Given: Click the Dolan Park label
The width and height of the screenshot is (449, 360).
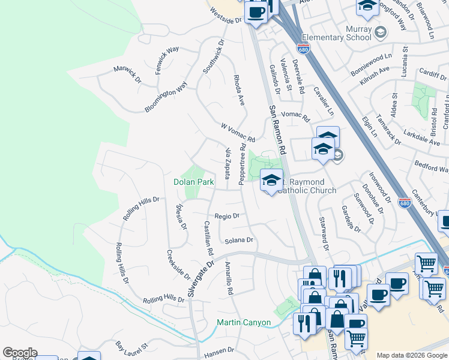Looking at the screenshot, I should (194, 182).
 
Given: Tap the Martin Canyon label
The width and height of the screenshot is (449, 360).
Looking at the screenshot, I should (243, 323).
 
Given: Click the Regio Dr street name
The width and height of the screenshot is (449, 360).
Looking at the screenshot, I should (227, 215).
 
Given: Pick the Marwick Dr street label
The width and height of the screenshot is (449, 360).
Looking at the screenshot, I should (127, 74).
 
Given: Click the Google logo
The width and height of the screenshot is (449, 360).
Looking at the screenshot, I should (20, 353).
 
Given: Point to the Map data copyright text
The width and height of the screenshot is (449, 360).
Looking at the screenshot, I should (412, 355).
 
